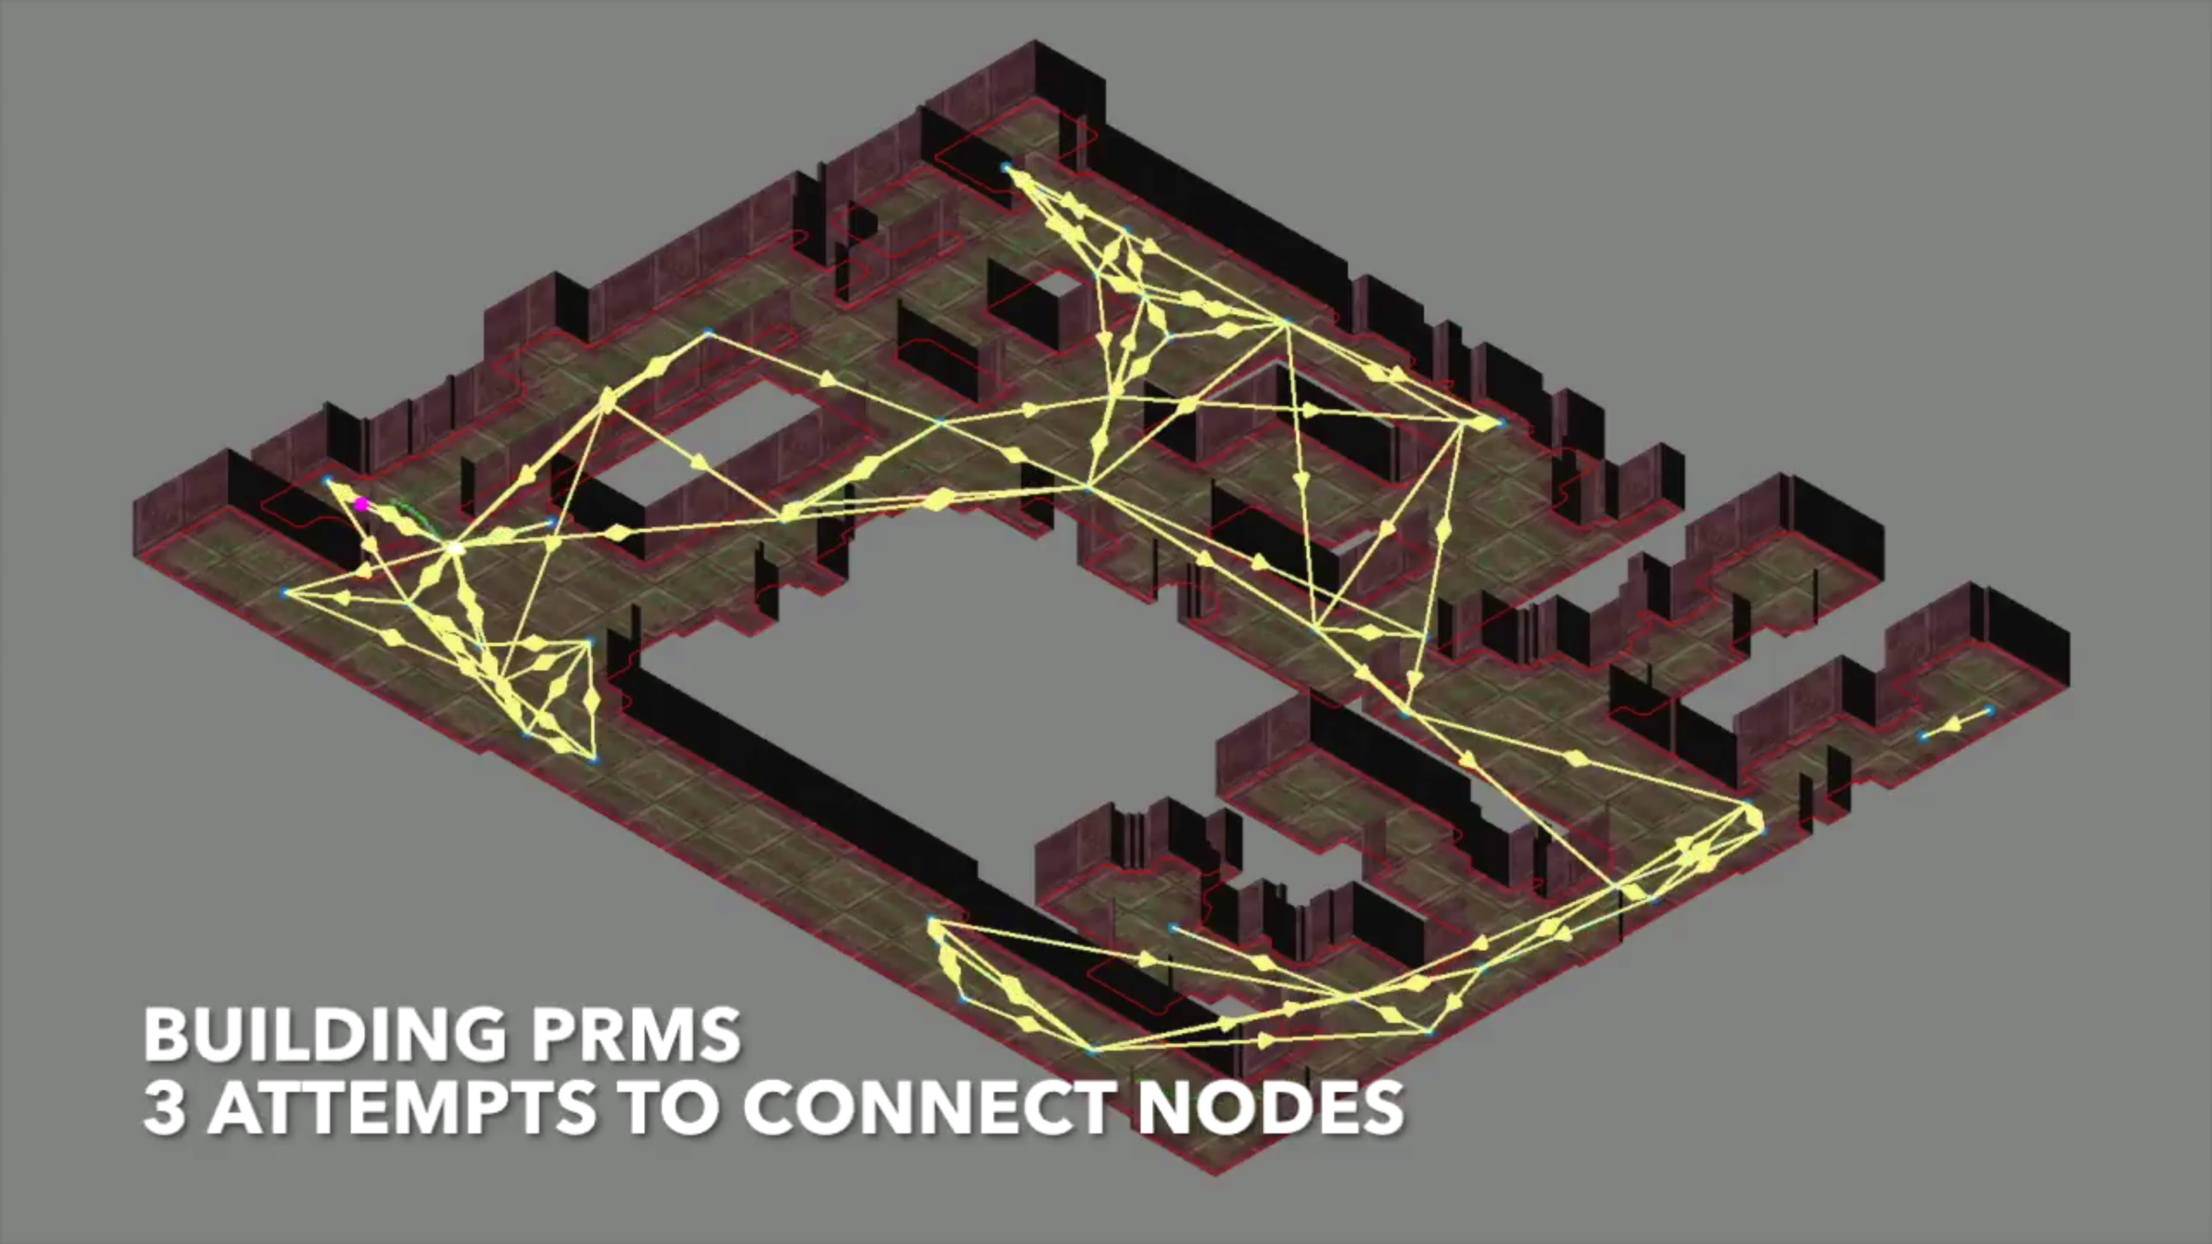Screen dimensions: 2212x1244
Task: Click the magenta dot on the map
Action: coord(361,504)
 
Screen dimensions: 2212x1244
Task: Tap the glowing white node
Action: coord(455,548)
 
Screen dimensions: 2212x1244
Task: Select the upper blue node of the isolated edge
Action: coord(1989,710)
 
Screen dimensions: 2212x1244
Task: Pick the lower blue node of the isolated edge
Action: coord(1924,735)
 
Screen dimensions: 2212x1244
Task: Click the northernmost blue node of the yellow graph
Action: coord(1006,168)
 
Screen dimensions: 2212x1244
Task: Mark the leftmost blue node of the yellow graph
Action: coord(287,593)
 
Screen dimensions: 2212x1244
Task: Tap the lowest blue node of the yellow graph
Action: coord(1093,1050)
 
